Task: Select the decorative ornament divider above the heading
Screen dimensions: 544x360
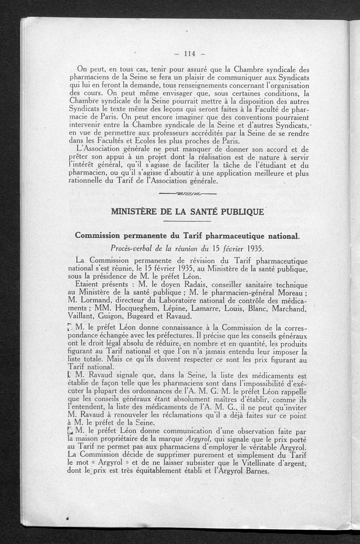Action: click(x=188, y=193)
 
